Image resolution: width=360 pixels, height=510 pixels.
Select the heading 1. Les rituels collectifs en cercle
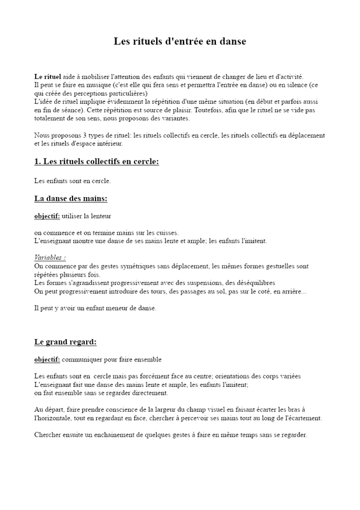click(x=96, y=162)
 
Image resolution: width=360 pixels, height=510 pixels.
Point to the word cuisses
click(x=165, y=233)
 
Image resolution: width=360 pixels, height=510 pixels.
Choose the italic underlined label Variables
click(x=49, y=258)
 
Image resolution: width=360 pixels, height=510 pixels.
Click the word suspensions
click(x=206, y=283)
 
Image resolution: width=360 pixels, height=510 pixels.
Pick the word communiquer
click(x=83, y=360)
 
